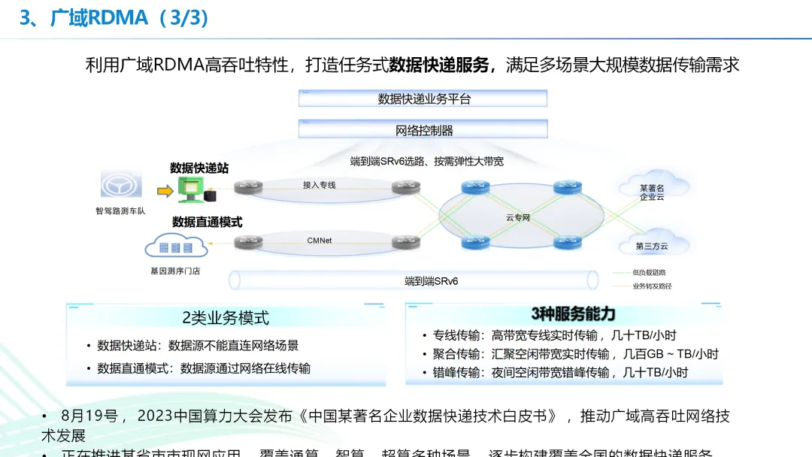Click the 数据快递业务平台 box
423,98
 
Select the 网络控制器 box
423,130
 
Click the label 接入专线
319,185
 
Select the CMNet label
319,241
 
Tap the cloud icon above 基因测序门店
175,246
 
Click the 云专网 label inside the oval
518,217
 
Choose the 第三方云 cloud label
651,246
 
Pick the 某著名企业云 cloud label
652,192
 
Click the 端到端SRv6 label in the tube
431,281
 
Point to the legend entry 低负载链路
649,272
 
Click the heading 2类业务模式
226,318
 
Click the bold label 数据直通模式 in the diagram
207,222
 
